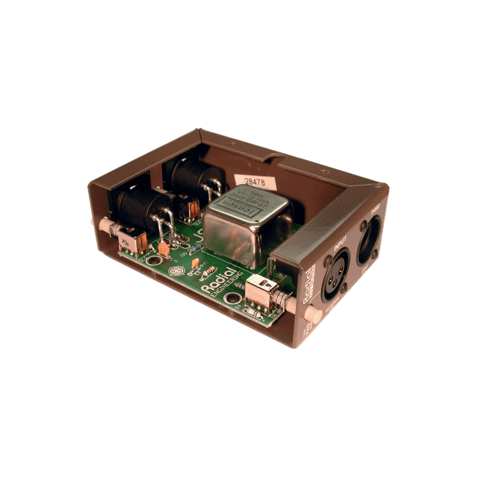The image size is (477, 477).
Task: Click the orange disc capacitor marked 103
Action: click(164, 250)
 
